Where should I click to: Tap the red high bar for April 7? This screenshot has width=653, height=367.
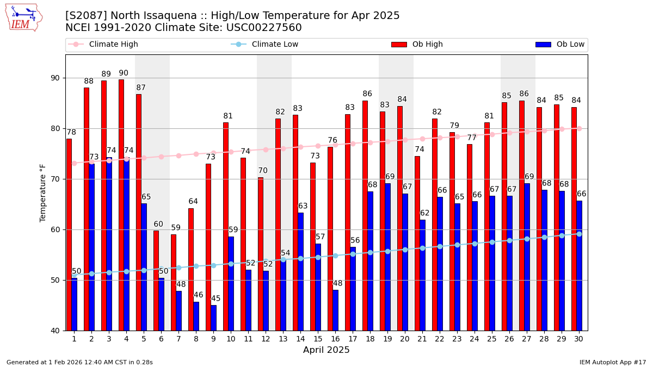click(174, 282)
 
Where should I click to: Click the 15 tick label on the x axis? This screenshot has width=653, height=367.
click(318, 339)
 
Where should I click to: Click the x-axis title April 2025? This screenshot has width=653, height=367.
click(326, 350)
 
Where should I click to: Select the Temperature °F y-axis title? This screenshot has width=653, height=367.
click(44, 192)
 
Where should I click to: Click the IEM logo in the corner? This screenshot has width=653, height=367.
click(23, 17)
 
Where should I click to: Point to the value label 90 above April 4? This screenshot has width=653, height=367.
click(124, 73)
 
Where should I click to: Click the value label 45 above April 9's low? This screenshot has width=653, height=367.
click(216, 298)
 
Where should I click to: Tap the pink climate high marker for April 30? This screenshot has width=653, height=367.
click(579, 128)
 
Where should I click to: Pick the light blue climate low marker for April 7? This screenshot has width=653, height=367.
click(178, 268)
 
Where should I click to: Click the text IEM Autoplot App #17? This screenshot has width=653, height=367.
click(612, 362)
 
